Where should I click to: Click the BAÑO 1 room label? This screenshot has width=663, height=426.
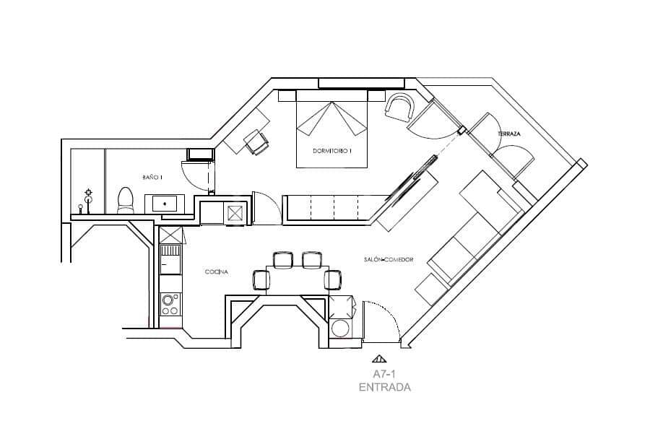point(152,177)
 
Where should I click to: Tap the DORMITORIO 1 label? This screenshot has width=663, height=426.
point(331,151)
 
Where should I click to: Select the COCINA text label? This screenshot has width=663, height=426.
point(217,272)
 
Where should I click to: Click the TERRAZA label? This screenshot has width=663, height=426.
point(509,135)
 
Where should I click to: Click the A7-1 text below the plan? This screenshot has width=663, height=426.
point(384,374)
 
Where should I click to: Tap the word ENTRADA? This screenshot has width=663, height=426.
point(384,387)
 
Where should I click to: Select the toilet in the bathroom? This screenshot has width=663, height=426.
point(126,200)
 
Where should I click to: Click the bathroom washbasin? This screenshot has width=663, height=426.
point(165,204)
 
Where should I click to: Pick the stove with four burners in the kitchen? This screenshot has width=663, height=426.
point(170,304)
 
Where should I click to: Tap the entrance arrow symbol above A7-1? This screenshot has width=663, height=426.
point(379,357)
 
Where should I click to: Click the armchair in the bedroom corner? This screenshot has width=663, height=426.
point(399,108)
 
